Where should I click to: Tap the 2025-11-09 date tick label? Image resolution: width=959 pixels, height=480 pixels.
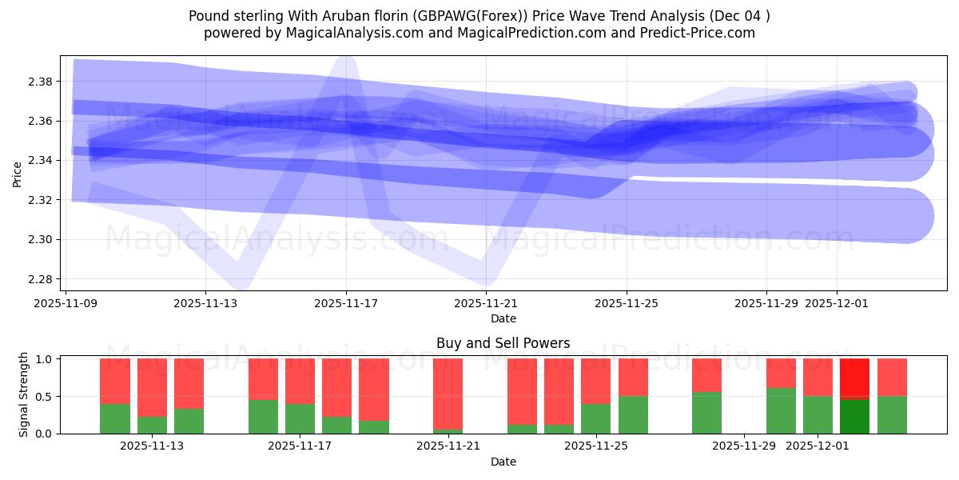coord(66,304)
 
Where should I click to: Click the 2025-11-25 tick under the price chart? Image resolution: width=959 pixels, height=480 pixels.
coord(627,304)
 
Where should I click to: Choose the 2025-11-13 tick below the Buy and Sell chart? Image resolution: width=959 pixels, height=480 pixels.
coord(152,446)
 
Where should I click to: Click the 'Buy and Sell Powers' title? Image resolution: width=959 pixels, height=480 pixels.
coord(503,343)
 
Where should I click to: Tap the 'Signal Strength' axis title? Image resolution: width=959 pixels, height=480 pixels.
coord(24,394)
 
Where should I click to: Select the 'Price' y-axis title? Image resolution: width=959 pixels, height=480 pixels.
coord(18,174)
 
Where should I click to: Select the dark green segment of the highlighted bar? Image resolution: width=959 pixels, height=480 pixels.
coord(854,416)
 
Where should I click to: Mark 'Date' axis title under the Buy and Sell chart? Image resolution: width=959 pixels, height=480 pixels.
coord(503,462)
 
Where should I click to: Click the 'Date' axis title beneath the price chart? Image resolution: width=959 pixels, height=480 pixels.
coord(503,318)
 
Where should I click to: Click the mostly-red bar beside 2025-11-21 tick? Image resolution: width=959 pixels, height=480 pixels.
coord(448,396)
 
